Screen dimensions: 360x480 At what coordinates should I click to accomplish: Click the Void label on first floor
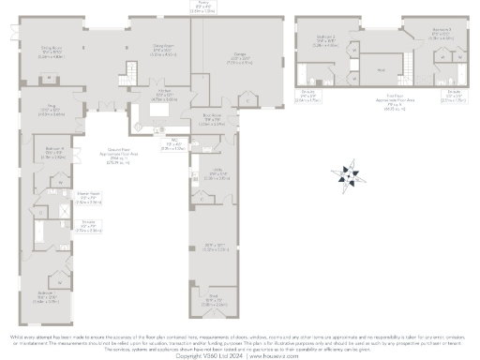[381, 68]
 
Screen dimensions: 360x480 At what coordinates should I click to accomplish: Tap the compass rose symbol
[348, 173]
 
